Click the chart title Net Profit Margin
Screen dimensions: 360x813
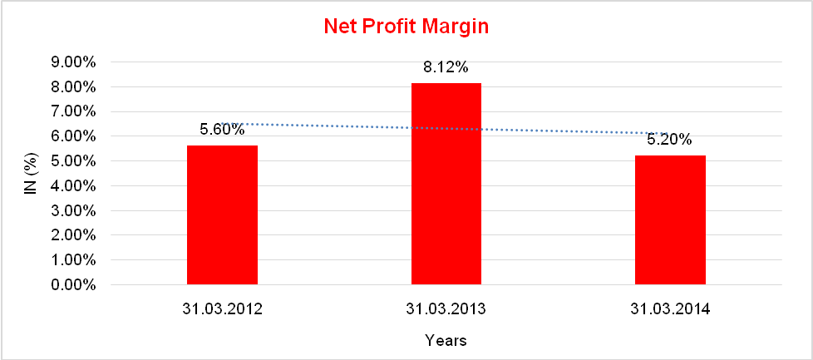(x=406, y=27)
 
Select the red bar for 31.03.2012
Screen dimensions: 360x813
(x=222, y=215)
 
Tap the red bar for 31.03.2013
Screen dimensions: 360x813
(x=446, y=184)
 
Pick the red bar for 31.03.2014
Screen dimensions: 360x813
(x=670, y=219)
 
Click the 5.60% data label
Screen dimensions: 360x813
(x=222, y=129)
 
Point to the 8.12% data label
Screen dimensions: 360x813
(x=446, y=67)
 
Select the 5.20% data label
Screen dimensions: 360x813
(x=669, y=140)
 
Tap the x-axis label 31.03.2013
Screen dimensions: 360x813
(x=446, y=309)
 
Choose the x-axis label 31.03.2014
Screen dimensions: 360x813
(x=670, y=309)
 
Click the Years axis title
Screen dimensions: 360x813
(x=446, y=340)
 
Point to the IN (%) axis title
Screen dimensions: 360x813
(x=31, y=173)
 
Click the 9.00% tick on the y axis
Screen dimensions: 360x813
(x=74, y=62)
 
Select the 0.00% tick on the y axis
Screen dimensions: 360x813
(x=74, y=285)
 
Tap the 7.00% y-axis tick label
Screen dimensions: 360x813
(x=74, y=111)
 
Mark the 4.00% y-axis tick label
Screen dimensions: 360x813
(x=74, y=185)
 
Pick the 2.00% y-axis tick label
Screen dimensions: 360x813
(x=74, y=235)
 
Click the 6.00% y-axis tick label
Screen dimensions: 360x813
(x=74, y=136)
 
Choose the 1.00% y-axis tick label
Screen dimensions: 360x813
(x=74, y=260)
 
